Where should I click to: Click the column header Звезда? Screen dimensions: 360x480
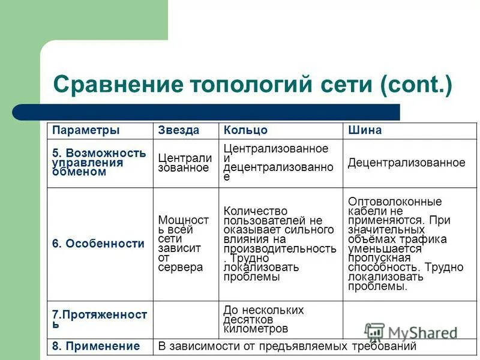coord(178,130)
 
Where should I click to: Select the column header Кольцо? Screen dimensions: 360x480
coord(245,130)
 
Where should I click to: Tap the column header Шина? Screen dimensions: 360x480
coord(365,130)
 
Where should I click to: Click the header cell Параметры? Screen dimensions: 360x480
coord(86,130)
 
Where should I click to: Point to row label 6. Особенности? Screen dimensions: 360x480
coord(98,244)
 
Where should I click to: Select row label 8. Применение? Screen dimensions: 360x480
coord(96,346)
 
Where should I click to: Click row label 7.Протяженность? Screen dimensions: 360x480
coord(100,319)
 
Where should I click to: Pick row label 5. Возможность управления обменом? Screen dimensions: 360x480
coord(99,163)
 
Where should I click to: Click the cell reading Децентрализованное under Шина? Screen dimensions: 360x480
coord(406,163)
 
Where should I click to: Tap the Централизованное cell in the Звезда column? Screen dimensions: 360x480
coord(185,163)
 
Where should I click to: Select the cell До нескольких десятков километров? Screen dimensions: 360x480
coord(263,319)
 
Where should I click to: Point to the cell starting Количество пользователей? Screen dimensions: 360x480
coord(279,244)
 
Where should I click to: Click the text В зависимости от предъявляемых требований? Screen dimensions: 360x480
coord(287,346)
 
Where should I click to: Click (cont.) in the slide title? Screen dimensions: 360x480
coord(415,83)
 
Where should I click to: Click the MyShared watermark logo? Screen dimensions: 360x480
coord(411,332)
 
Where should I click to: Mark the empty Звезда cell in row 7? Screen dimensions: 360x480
coord(186,319)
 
